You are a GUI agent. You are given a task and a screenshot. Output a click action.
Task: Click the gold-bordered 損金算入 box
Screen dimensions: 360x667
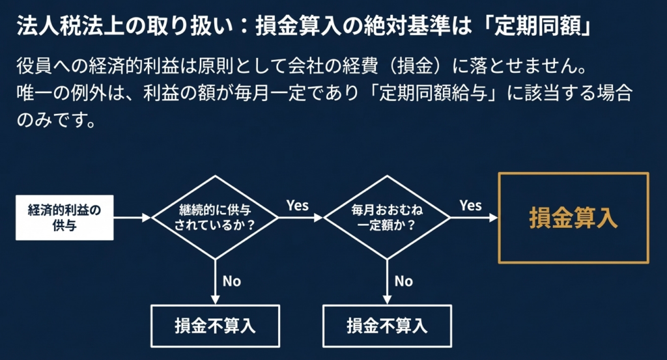point(573,218)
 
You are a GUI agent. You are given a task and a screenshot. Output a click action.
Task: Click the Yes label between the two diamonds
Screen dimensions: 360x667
point(297,205)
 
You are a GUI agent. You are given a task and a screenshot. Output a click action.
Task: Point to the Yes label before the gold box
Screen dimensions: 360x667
point(470,205)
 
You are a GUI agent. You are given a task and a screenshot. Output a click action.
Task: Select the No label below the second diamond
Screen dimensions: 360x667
point(404,281)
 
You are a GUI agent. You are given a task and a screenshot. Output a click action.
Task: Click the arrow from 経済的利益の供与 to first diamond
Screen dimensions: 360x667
point(132,218)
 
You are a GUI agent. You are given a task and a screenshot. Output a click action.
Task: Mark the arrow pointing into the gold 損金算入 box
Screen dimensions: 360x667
point(474,218)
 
